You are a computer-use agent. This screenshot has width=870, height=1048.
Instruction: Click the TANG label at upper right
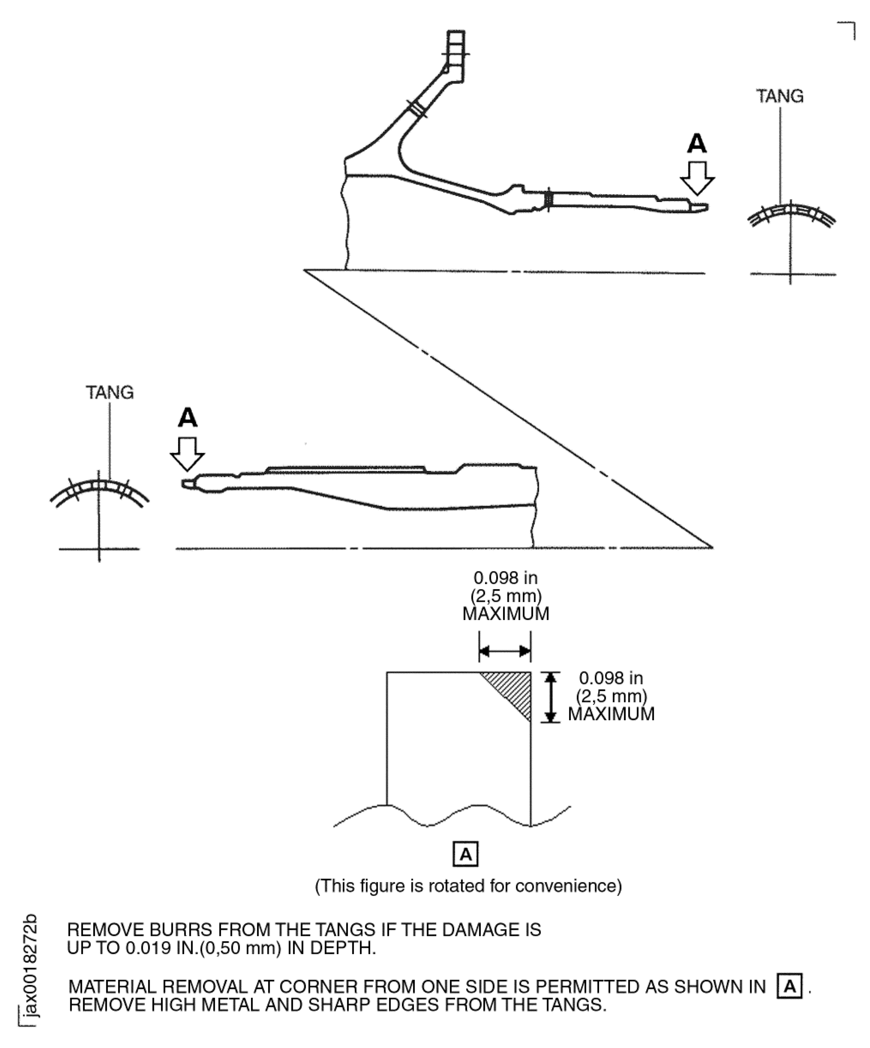tap(780, 96)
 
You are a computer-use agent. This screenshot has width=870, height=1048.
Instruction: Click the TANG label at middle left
tap(110, 393)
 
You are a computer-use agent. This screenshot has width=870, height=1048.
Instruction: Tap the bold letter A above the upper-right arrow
tap(697, 144)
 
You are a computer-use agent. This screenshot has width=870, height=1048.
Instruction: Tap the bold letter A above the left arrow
tap(187, 418)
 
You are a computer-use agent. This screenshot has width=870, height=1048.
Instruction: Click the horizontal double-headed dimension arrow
tap(505, 651)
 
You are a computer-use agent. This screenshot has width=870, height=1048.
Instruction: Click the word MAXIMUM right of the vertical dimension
tap(611, 714)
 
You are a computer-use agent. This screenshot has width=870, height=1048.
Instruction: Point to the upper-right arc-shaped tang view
tap(791, 215)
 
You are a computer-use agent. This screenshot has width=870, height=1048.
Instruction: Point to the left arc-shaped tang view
tap(99, 491)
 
